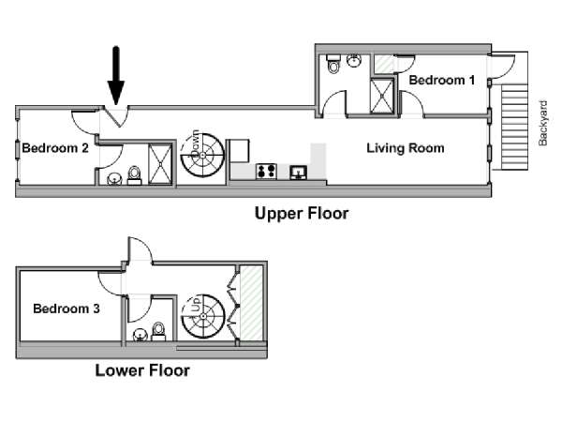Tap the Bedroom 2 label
(55, 147)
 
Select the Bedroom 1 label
(441, 81)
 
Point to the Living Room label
(405, 148)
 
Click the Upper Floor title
(302, 214)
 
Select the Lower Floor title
(142, 370)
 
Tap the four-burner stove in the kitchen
(265, 171)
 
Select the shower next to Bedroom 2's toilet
(160, 163)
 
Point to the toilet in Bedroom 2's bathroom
(135, 174)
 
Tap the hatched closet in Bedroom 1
(384, 64)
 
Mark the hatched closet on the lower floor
(250, 304)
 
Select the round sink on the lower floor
(140, 334)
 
